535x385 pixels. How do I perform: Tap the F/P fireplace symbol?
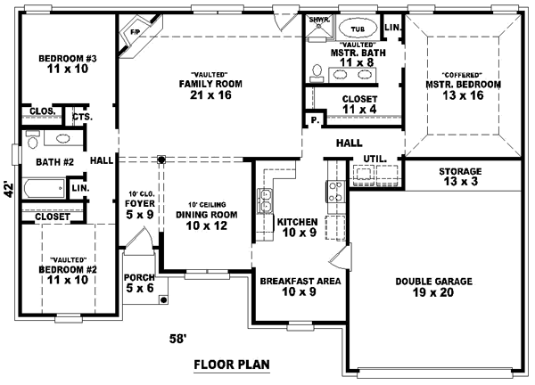136,33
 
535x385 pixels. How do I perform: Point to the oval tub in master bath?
359,28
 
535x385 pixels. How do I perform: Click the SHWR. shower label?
317,18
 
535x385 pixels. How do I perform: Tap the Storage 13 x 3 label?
460,176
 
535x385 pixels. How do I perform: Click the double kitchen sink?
265,201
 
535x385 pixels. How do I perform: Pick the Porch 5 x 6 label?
139,282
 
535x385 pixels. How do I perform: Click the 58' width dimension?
179,339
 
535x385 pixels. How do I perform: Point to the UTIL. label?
374,159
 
